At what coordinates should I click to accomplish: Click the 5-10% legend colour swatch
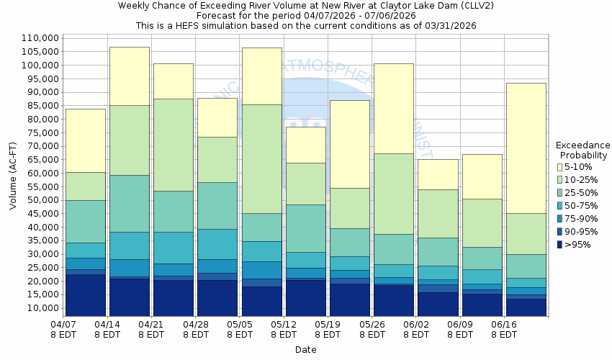tap(561, 166)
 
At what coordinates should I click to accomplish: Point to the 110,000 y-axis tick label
tap(40, 38)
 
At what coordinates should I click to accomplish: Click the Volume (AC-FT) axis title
tap(13, 176)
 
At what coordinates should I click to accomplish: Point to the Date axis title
tap(305, 350)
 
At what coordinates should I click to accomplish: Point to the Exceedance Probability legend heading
tap(583, 150)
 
